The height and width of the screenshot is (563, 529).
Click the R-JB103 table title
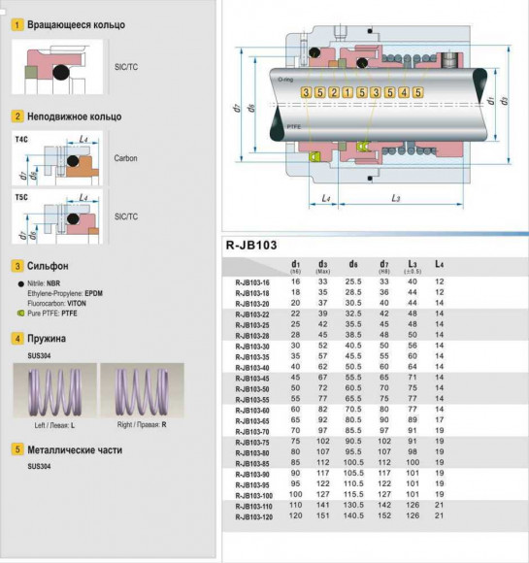251,245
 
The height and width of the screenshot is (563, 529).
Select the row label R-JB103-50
252,387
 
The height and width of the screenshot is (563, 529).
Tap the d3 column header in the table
323,265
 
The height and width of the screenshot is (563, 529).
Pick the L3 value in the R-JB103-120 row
412,516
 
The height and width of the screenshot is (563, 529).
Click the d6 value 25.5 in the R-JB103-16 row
353,281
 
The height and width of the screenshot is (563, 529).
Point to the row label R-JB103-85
252,463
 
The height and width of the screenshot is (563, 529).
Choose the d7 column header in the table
383,265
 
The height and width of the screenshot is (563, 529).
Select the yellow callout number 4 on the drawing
403,92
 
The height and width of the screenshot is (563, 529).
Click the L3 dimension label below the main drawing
396,199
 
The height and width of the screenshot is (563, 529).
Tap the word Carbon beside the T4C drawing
126,156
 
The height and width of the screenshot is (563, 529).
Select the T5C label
21,196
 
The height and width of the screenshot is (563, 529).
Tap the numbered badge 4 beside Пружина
17,339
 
